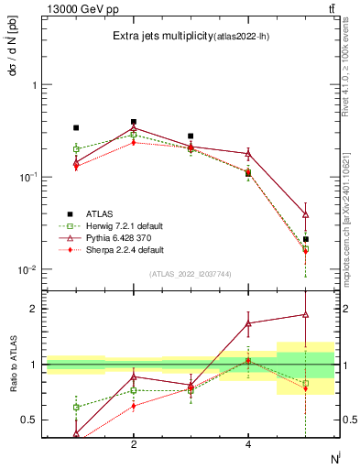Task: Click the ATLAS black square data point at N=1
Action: click(x=76, y=128)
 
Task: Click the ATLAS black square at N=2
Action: click(x=134, y=122)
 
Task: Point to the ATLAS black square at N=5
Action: click(x=306, y=239)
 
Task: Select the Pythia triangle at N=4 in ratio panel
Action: click(x=248, y=323)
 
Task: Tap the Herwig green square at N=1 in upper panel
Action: click(x=76, y=148)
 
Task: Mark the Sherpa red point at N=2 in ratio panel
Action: click(x=134, y=406)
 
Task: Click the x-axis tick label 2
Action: click(x=134, y=444)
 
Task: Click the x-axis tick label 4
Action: click(x=248, y=444)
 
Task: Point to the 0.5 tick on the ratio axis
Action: click(x=30, y=420)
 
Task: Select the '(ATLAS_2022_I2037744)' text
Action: click(x=190, y=274)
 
